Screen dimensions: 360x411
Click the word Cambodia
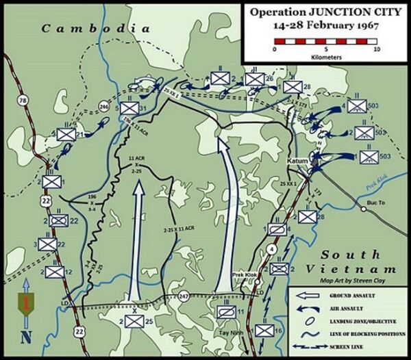click(95, 29)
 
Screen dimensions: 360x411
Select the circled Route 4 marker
click(272, 250)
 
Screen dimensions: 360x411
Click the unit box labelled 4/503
click(356, 106)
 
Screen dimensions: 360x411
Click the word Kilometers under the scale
click(325, 57)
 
